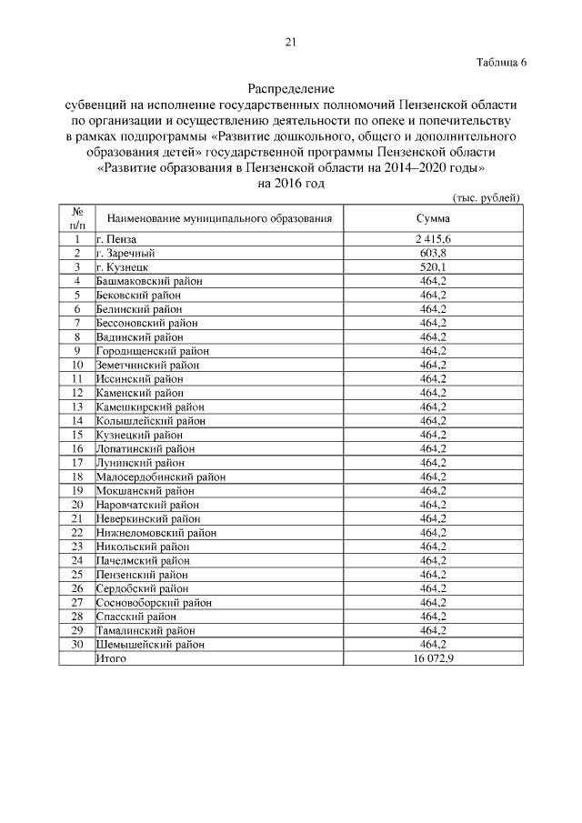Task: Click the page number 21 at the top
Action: coord(291,41)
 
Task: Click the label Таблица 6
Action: coord(501,62)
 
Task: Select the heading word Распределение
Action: coord(291,89)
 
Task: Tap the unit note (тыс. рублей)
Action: coord(487,197)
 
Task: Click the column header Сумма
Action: coord(433,218)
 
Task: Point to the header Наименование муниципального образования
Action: coord(219,218)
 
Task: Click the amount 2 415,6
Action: coord(433,239)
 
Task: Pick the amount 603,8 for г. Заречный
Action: coord(433,253)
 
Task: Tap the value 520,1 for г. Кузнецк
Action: coord(433,267)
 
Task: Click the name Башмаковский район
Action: coord(148,281)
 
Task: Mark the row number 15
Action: coord(77,434)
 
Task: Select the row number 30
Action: coord(77,644)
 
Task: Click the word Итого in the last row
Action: coord(111,657)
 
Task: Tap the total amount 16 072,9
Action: coord(433,657)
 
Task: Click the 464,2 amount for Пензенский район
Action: coord(433,574)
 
